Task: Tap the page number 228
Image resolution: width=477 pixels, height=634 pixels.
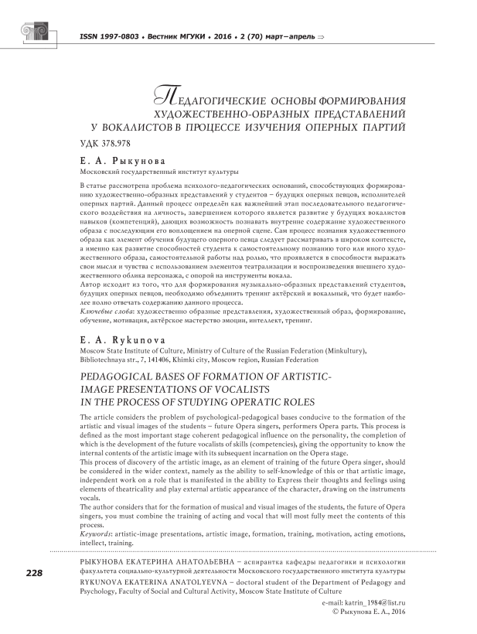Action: (x=34, y=573)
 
